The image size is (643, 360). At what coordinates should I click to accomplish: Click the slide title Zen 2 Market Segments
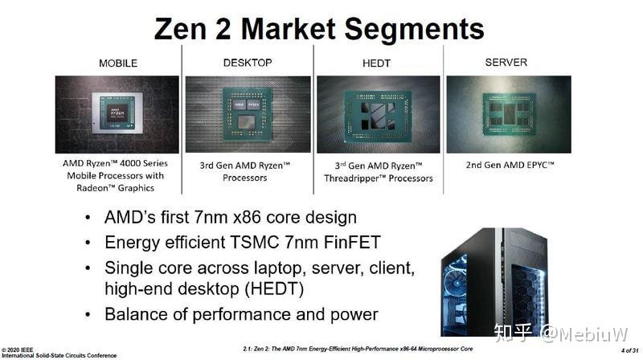point(319,30)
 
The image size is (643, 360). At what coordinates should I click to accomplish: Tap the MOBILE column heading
point(117,63)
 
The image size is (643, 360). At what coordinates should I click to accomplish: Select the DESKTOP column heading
point(247,62)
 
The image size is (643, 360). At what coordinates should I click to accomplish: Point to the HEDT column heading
point(377,63)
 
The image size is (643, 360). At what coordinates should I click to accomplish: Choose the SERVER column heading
point(506,62)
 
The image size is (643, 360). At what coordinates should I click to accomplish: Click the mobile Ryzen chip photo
point(117,114)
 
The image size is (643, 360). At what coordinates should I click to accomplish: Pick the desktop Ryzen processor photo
point(248,114)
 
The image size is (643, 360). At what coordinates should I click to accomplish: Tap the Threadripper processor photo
point(378,114)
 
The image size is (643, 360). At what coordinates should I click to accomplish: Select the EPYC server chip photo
point(507,114)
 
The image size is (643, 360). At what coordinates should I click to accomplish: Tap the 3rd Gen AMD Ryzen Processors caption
point(248,171)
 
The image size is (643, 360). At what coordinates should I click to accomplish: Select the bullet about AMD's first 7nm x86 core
point(230,218)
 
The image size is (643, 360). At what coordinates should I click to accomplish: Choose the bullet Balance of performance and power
point(241,313)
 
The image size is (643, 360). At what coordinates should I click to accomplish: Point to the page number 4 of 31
point(628,350)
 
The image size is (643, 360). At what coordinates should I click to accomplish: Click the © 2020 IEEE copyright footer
point(18,349)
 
